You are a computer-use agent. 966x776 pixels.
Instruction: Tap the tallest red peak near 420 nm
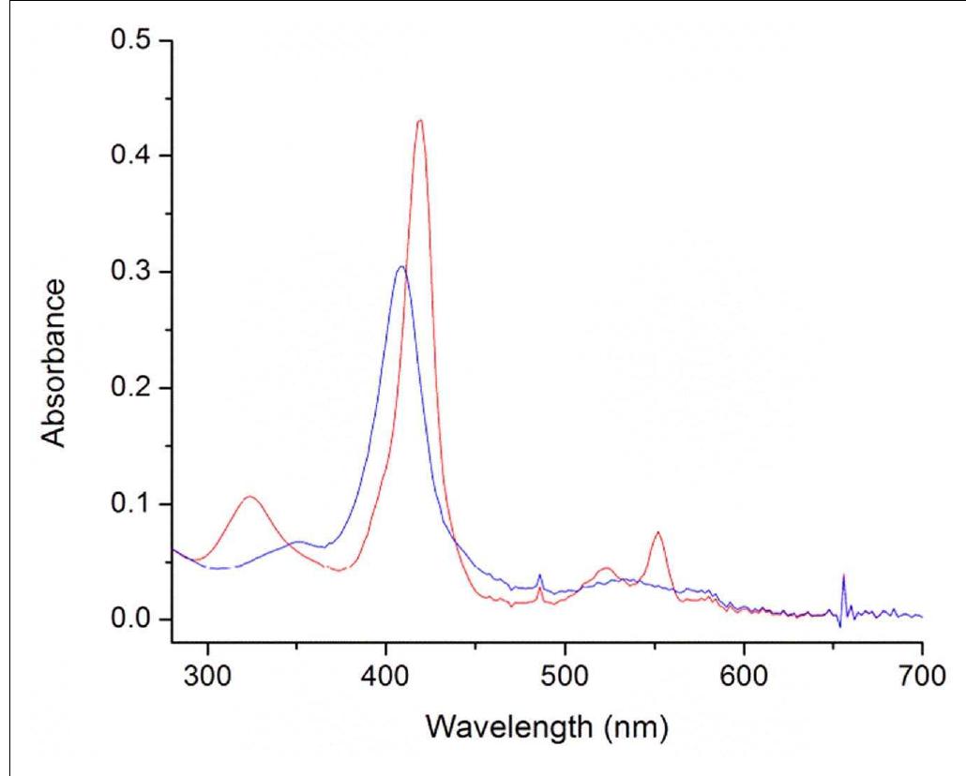point(419,120)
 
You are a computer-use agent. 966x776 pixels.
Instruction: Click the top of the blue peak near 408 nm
point(401,267)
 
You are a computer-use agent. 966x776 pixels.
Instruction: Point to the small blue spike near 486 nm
point(539,575)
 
